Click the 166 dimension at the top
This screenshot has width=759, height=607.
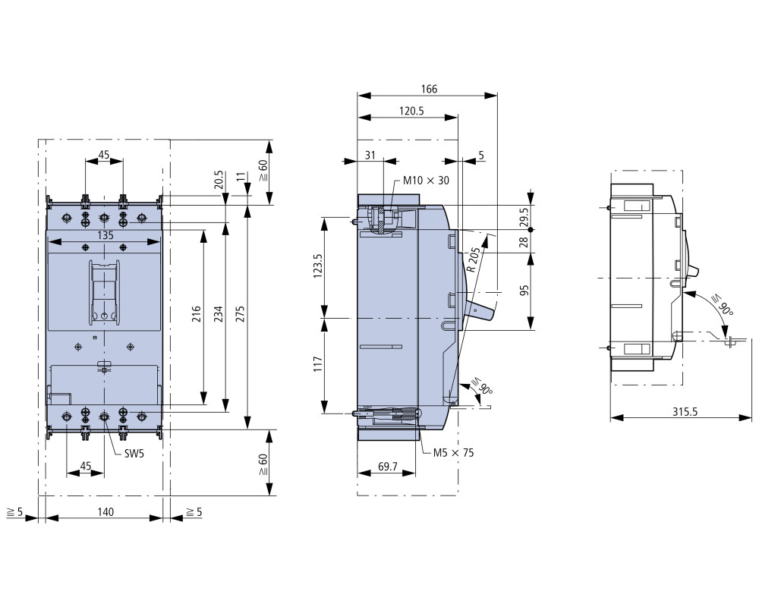pyautogui.click(x=429, y=89)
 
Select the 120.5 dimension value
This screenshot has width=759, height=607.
pyautogui.click(x=411, y=111)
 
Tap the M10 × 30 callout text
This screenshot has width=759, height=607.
pyautogui.click(x=427, y=181)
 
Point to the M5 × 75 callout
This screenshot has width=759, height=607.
pyautogui.click(x=454, y=452)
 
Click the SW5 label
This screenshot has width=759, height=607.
pyautogui.click(x=134, y=453)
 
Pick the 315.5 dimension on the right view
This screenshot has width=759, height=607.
pyautogui.click(x=685, y=411)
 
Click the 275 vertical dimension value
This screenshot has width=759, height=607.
pyautogui.click(x=241, y=313)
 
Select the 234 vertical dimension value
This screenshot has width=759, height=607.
pyautogui.click(x=219, y=313)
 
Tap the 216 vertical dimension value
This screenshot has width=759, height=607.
pyautogui.click(x=196, y=313)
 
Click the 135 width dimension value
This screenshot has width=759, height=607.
pyautogui.click(x=106, y=235)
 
